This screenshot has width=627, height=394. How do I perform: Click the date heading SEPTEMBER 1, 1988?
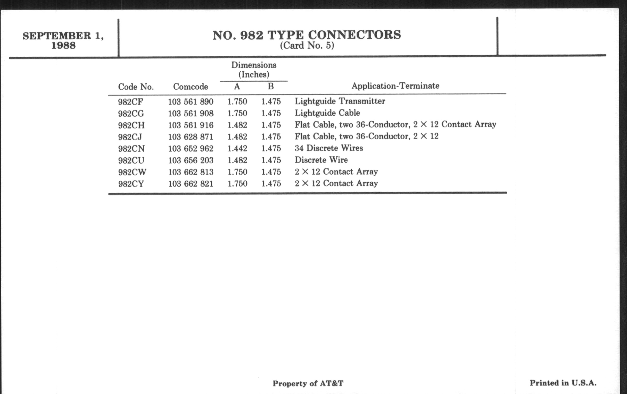(63, 40)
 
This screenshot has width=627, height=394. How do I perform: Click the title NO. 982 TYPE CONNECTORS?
(307, 35)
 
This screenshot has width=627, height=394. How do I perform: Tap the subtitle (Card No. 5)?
(307, 46)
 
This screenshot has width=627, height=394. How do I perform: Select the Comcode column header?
(190, 87)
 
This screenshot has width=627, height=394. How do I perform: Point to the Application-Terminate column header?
(395, 86)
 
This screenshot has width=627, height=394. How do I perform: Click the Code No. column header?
(136, 87)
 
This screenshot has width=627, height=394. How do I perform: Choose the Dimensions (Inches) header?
(254, 70)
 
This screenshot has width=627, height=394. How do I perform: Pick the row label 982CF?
(130, 102)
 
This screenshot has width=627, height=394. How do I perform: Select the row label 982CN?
(131, 149)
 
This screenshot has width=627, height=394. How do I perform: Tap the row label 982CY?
(131, 184)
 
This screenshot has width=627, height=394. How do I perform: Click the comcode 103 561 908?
(191, 113)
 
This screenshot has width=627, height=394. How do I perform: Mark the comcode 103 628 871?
(191, 137)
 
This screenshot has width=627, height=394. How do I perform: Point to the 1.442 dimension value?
(237, 149)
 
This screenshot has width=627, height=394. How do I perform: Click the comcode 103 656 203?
(191, 160)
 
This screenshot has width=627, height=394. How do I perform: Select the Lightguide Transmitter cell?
(340, 101)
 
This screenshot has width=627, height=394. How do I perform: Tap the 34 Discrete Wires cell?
(329, 148)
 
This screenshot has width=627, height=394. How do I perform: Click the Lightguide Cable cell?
(327, 113)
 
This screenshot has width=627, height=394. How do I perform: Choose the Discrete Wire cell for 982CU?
(321, 160)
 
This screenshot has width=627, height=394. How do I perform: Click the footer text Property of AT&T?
(308, 384)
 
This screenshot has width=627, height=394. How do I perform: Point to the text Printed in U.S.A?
(563, 383)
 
